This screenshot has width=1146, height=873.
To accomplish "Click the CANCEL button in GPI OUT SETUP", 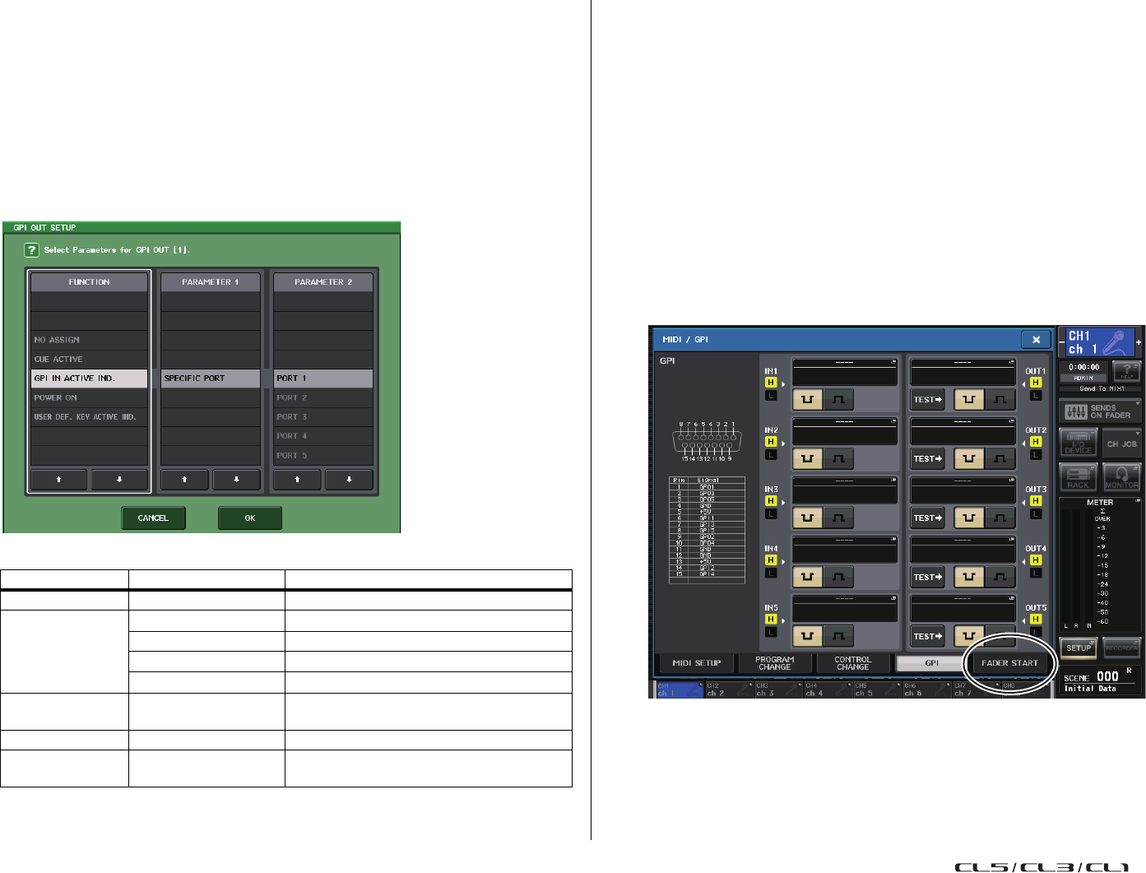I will tap(153, 518).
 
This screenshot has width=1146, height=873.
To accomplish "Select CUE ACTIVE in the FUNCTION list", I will tap(89, 360).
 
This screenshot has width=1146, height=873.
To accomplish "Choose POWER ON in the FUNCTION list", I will tap(89, 398).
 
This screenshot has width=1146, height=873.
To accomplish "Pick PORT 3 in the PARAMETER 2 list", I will tap(322, 417).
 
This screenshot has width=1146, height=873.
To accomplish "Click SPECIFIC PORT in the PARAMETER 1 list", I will tap(211, 378).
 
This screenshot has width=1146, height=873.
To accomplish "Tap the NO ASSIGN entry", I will tap(89, 340).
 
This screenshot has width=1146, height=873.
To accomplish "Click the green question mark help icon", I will tap(31, 250).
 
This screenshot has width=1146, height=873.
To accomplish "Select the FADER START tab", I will tap(1009, 663).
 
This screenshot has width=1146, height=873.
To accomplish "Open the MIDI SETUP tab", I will tap(696, 663).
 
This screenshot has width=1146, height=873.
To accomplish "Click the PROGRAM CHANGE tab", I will tap(774, 663).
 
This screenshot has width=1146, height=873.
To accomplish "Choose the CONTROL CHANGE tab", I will tap(852, 663).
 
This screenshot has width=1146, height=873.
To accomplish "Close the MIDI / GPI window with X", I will tap(1036, 339).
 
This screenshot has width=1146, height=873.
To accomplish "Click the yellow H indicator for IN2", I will tap(771, 442).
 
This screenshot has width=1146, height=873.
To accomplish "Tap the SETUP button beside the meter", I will tap(1079, 648).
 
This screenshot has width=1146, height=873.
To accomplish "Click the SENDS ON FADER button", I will tap(1100, 411).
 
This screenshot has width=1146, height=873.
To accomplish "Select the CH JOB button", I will tap(1121, 444).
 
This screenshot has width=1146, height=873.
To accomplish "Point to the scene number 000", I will tap(1107, 676).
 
